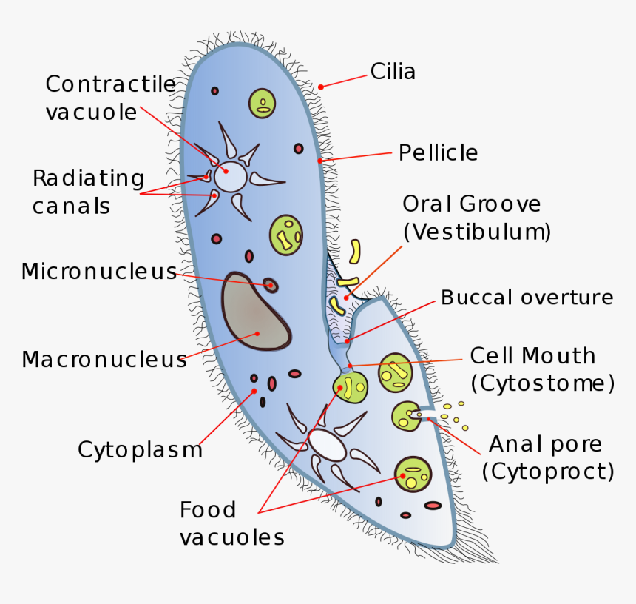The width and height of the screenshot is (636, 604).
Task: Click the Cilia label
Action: tap(393, 72)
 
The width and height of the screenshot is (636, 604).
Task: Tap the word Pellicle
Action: tap(438, 153)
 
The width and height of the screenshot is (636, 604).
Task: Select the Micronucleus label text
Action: tap(99, 272)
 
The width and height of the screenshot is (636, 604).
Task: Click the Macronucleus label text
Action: tap(104, 360)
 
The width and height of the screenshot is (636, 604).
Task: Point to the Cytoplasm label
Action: tap(140, 449)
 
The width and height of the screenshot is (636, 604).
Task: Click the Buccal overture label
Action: tap(527, 298)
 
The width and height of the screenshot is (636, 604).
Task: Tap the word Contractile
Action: tap(110, 84)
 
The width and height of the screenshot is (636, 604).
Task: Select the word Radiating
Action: tap(88, 178)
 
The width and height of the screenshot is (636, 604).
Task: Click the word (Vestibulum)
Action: tap(477, 232)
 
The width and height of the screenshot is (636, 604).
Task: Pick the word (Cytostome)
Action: tap(542, 383)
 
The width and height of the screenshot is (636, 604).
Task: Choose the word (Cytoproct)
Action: tap(548, 472)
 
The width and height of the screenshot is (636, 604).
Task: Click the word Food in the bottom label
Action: tap(208, 510)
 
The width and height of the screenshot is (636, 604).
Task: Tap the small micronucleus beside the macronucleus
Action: tap(271, 285)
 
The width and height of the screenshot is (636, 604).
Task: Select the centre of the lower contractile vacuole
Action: tap(327, 444)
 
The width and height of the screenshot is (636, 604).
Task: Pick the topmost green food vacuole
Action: tap(262, 103)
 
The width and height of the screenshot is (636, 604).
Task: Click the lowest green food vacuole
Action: tap(413, 474)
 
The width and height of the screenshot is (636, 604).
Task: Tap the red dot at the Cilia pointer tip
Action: tap(321, 87)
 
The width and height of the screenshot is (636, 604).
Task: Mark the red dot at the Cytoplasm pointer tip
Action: tap(254, 390)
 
